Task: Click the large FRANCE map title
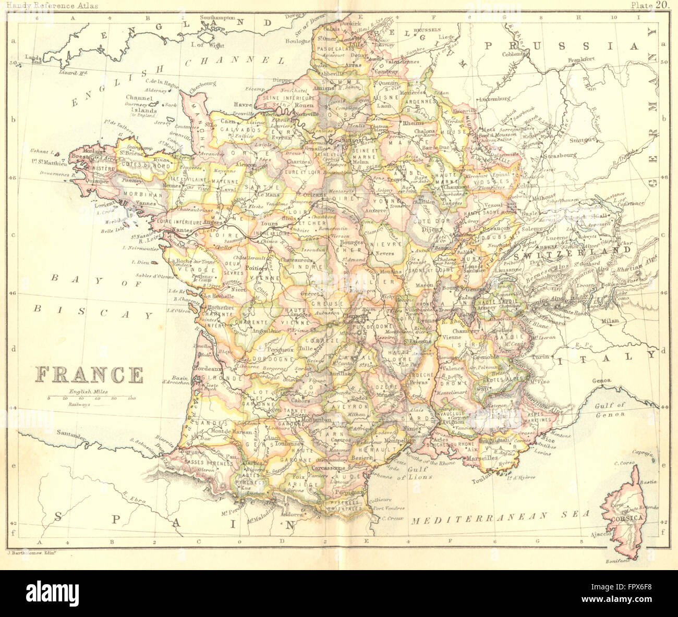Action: [89, 375]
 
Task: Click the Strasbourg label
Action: [559, 155]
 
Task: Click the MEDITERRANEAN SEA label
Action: [500, 516]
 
